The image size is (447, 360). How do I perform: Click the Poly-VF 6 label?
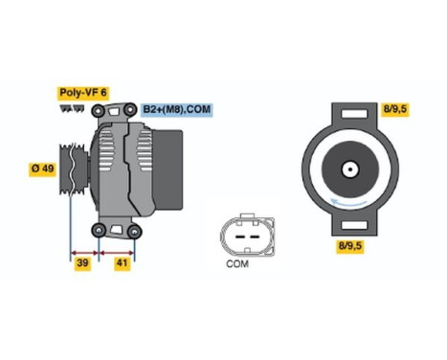(83, 92)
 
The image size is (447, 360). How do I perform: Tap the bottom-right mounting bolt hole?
(134, 230)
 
